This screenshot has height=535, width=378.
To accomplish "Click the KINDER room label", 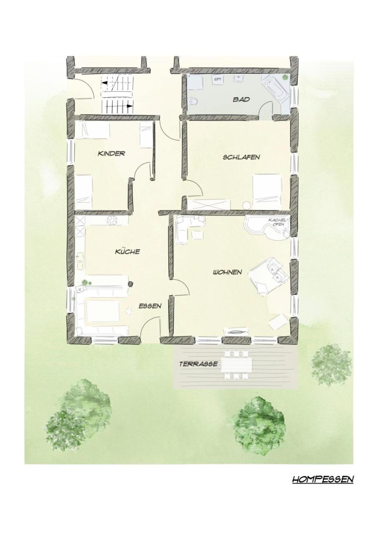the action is [x=111, y=153].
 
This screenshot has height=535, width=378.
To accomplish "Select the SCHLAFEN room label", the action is [x=241, y=157].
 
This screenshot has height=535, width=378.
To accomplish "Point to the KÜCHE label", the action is [x=127, y=251].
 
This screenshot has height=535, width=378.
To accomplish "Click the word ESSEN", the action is [x=150, y=306].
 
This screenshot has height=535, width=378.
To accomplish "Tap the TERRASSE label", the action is [x=198, y=364].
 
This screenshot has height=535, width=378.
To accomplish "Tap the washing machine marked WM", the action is [x=217, y=79].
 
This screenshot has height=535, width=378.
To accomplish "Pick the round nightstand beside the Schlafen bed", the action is [x=246, y=205].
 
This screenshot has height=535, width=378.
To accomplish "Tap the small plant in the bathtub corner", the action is [x=285, y=77].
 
